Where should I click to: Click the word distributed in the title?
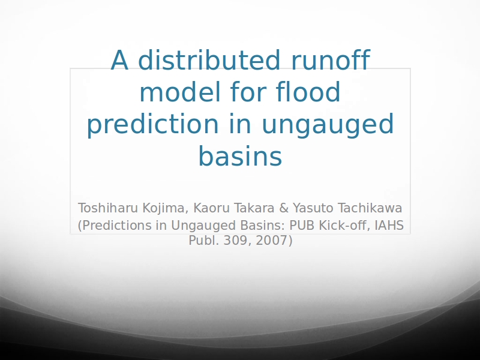(209, 59)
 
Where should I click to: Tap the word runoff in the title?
(331, 59)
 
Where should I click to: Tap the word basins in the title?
(241, 156)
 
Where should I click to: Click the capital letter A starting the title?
(119, 60)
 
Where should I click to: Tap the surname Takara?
(254, 208)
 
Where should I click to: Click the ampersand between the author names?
(284, 208)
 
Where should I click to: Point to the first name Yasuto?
(313, 208)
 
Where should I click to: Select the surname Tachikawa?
(370, 208)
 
